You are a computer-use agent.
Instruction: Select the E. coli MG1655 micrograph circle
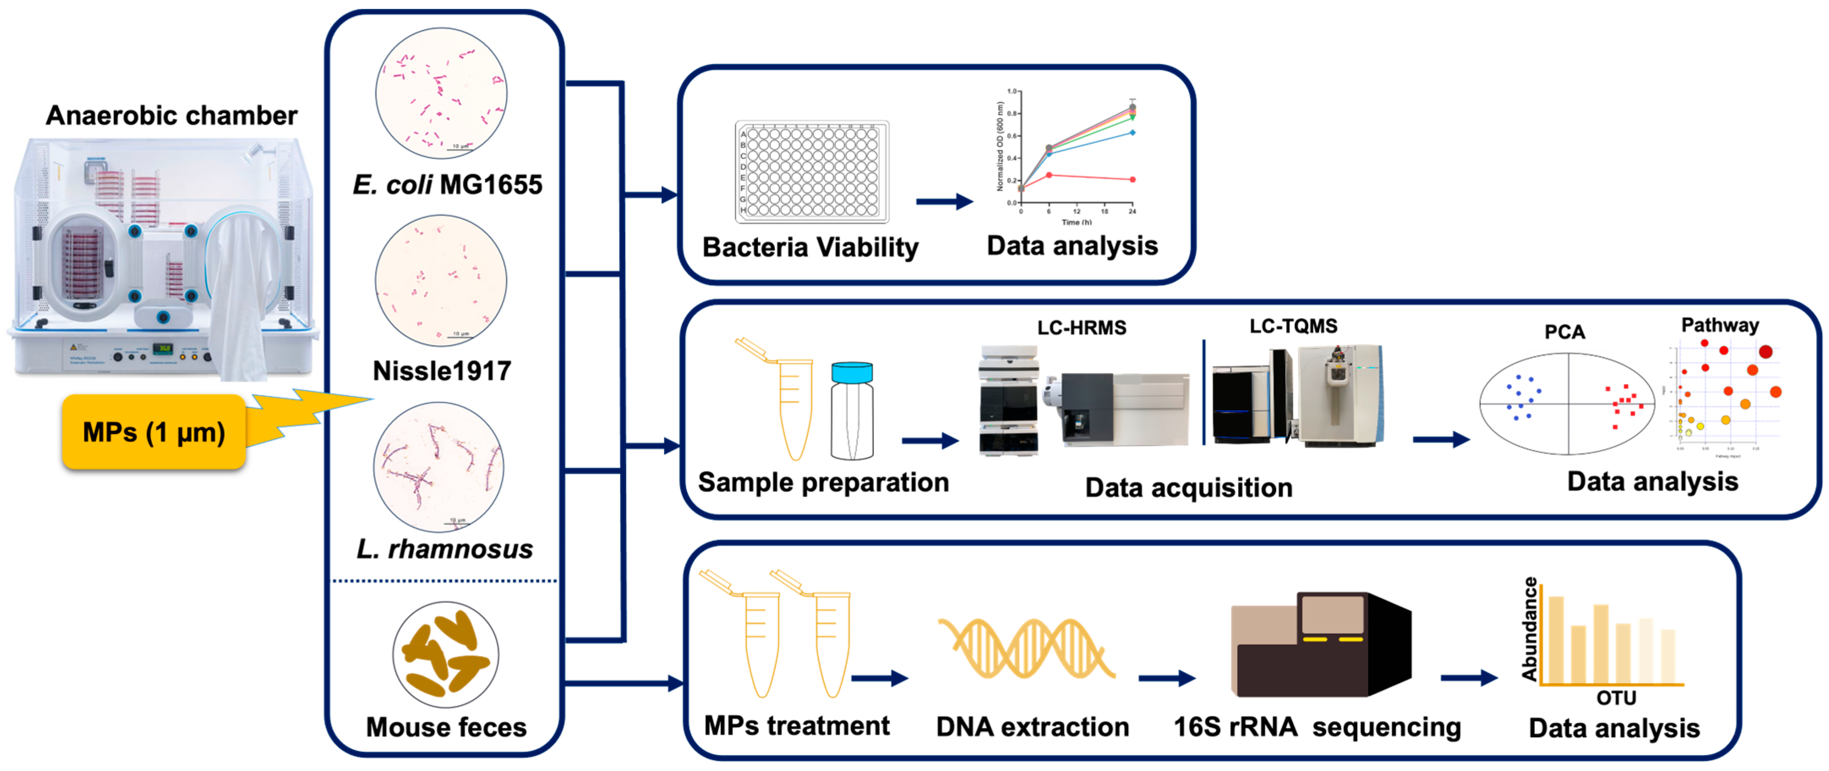[441, 93]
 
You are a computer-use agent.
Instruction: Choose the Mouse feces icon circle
[445, 654]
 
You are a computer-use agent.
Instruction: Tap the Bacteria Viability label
[810, 247]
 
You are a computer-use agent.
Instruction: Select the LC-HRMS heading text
[1081, 328]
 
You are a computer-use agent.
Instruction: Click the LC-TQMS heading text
[1293, 326]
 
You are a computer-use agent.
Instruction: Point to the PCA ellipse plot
[1567, 403]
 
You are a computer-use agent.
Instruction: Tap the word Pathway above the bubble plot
[1719, 326]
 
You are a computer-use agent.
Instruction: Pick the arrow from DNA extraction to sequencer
[1166, 679]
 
